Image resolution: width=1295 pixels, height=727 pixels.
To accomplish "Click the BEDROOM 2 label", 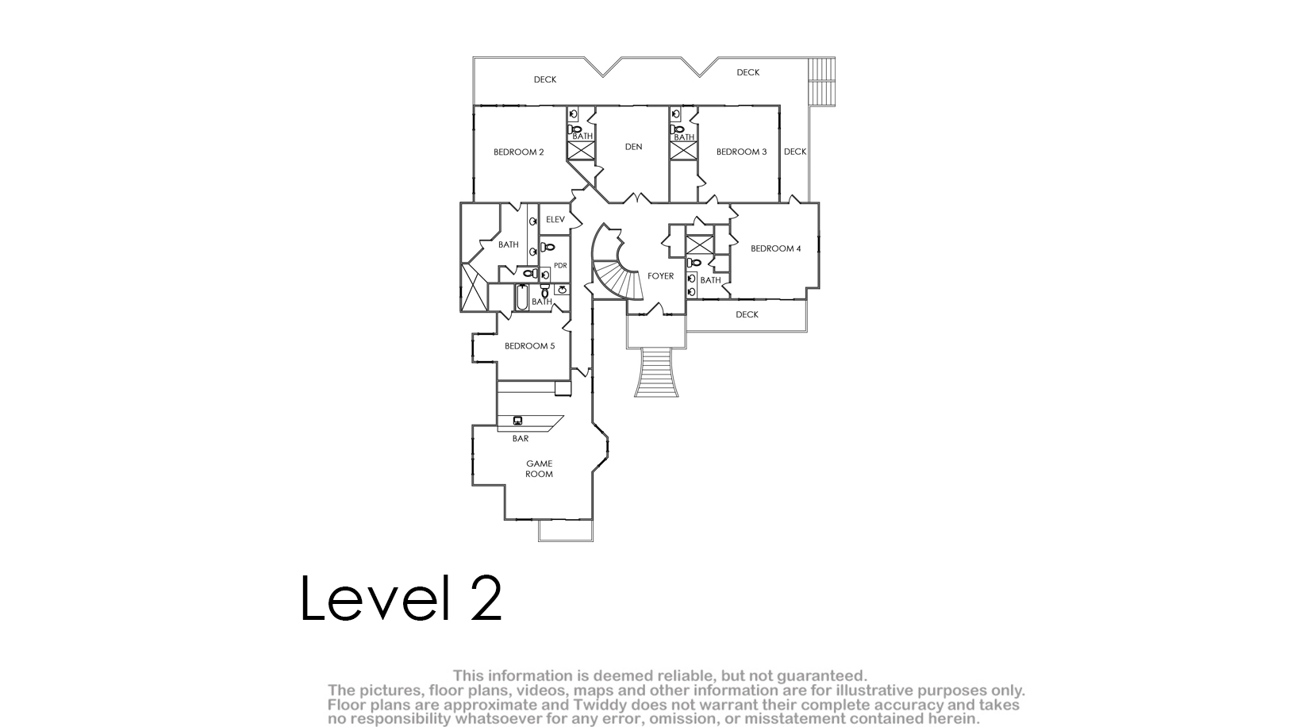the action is (x=519, y=152).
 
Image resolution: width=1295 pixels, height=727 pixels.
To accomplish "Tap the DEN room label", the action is (x=634, y=147).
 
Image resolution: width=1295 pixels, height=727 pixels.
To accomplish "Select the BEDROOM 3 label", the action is (x=741, y=152).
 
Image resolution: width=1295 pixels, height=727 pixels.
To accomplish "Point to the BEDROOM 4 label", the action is (x=776, y=248).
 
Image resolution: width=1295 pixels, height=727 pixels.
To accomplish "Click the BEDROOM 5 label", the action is (x=529, y=346).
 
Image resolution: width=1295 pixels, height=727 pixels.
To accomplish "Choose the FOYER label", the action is (x=660, y=276).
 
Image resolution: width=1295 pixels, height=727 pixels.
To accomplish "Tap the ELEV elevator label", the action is (x=555, y=219).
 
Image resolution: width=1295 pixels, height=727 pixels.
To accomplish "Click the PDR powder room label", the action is (x=560, y=265).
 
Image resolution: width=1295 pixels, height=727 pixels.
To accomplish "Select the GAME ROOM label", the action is (x=539, y=468).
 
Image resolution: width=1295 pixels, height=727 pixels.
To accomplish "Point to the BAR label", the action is (x=521, y=438).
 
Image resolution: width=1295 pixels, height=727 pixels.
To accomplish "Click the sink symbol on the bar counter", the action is (x=518, y=421).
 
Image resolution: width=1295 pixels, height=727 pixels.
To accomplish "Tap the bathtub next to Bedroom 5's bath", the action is (x=521, y=298).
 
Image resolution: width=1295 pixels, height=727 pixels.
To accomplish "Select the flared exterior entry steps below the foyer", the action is (x=656, y=372).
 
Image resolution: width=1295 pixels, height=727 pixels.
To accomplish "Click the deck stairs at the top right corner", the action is (x=821, y=82).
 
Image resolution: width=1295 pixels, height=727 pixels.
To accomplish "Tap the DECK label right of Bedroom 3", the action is (x=795, y=152).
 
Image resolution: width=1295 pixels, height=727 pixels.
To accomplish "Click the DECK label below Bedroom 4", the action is (x=747, y=314).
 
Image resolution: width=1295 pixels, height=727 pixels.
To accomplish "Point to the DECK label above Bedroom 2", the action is (x=545, y=80).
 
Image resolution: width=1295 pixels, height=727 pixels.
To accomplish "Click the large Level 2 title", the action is (x=401, y=598).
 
